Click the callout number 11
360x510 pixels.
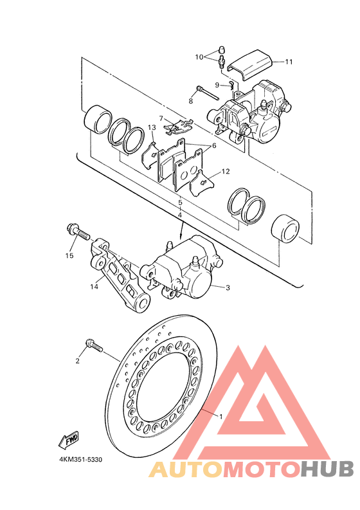(x=289, y=62)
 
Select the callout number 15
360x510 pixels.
(x=69, y=256)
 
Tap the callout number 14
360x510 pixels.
(x=94, y=287)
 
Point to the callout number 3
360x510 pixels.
(x=228, y=287)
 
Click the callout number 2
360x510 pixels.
(x=77, y=361)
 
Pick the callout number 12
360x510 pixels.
(x=226, y=172)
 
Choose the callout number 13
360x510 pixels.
(x=152, y=127)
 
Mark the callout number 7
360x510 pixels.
(x=161, y=118)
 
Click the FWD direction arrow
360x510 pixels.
(x=69, y=441)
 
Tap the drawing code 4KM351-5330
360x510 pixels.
(x=80, y=460)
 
